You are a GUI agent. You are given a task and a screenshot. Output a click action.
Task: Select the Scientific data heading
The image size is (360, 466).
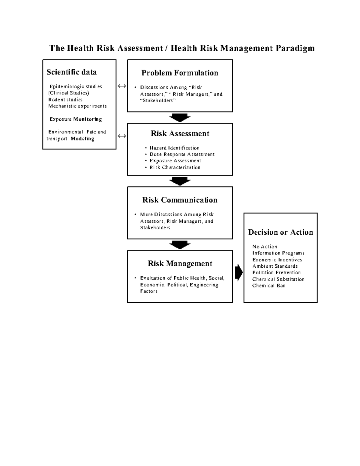pyautogui.click(x=71, y=72)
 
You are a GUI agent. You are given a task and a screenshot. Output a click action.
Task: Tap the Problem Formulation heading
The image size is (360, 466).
pyautogui.click(x=180, y=73)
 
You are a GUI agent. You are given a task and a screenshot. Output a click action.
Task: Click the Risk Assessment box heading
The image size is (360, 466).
pyautogui.click(x=180, y=134)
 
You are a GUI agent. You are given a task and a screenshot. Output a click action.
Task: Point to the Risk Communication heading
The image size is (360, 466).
pyautogui.click(x=180, y=200)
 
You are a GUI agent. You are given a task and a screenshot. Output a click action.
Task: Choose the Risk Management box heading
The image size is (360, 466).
pyautogui.click(x=180, y=263)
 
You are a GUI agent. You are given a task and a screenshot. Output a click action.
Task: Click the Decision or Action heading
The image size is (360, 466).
pyautogui.click(x=280, y=232)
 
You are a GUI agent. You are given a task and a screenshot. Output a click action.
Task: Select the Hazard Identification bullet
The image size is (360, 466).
pyautogui.click(x=174, y=148)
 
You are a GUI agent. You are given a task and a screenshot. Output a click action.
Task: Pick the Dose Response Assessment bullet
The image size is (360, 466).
pyautogui.click(x=182, y=154)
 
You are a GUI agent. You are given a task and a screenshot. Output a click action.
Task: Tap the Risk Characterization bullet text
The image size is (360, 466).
pyautogui.click(x=175, y=167)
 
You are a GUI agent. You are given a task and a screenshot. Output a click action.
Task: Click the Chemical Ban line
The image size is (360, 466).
pyautogui.click(x=269, y=286)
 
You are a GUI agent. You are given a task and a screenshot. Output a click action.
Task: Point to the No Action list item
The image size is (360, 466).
pyautogui.click(x=265, y=247)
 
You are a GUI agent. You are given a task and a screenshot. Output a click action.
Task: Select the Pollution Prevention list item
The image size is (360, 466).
pyautogui.click(x=276, y=272)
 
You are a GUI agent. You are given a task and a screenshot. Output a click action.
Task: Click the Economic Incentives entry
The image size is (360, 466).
pyautogui.click(x=277, y=260)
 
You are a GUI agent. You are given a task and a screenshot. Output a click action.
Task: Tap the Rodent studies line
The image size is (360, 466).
pyautogui.click(x=65, y=100)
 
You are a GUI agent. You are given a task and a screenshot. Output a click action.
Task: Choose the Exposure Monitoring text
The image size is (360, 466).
pyautogui.click(x=76, y=119)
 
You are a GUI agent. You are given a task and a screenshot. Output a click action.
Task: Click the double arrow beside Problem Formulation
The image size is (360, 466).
pyautogui.click(x=122, y=86)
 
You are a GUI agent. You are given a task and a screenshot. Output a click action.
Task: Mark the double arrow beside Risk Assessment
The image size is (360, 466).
pyautogui.click(x=122, y=136)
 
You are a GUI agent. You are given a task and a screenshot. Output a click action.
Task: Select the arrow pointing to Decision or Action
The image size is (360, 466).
pyautogui.click(x=238, y=272)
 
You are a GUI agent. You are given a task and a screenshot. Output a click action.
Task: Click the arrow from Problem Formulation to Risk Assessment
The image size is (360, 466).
pyautogui.click(x=180, y=117)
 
